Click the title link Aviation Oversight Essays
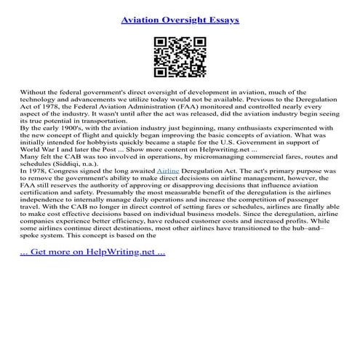point(180,14)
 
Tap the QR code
point(180,56)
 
